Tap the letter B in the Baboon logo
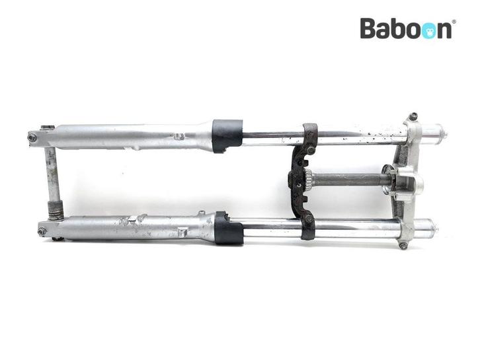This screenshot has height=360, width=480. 368,28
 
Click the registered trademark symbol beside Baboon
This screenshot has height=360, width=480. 454,22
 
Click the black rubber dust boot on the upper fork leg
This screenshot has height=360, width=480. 227,136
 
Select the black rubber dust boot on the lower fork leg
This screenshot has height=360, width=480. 229,228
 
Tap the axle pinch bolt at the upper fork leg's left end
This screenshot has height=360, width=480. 32,137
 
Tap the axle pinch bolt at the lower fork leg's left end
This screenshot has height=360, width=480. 42,231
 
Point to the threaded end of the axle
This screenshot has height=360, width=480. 56,211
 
